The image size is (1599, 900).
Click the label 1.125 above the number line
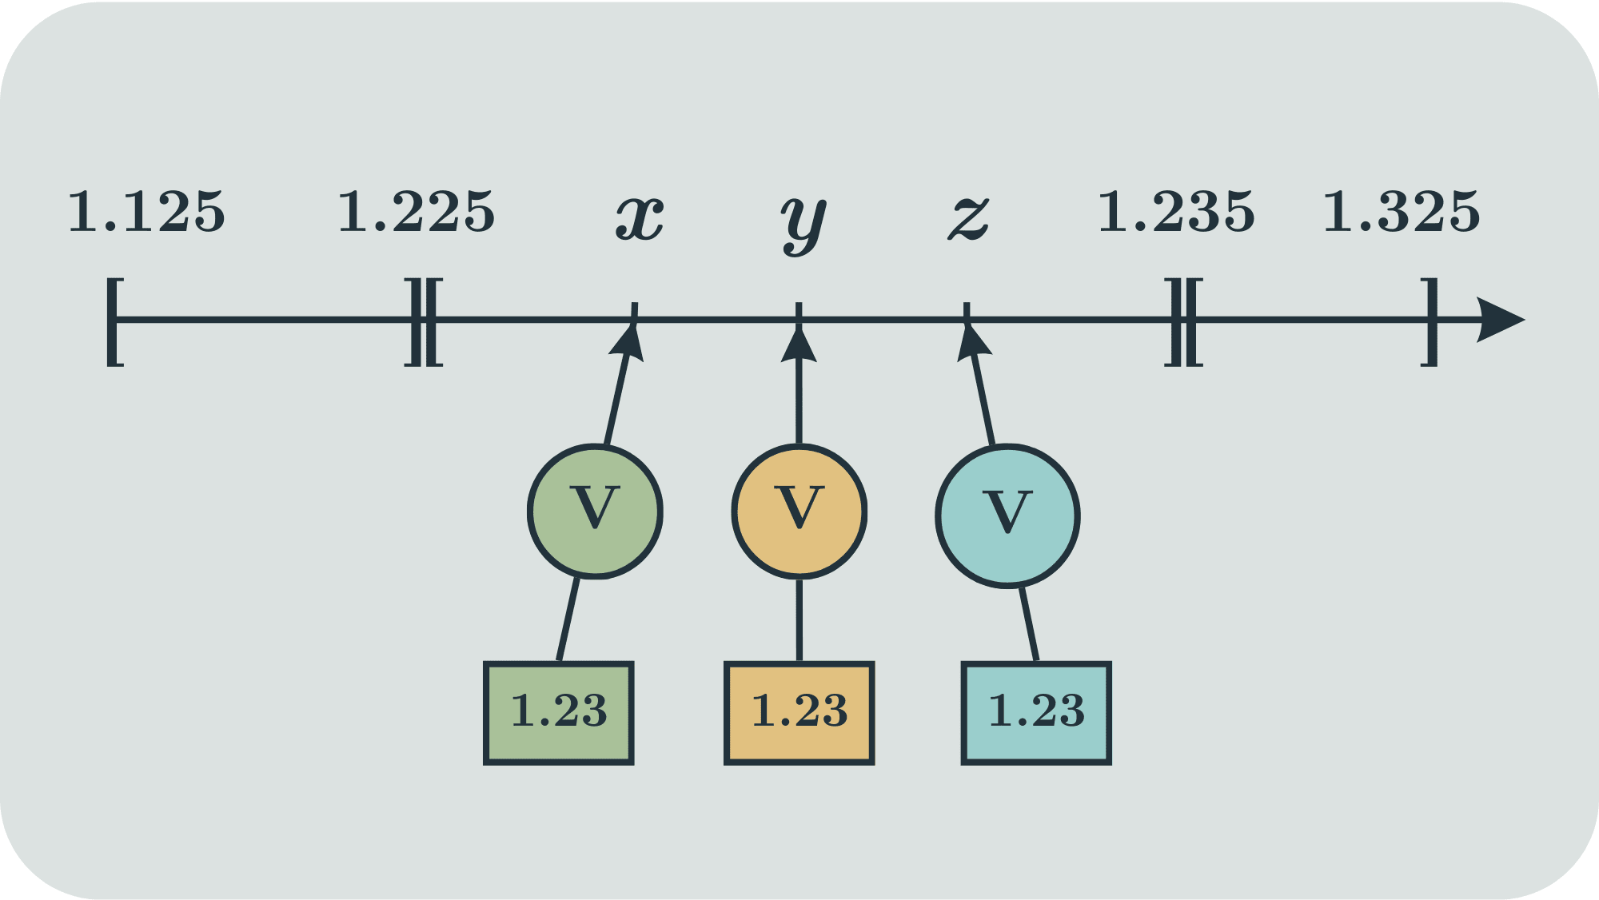coord(146,213)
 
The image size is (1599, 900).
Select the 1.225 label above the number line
coord(417,213)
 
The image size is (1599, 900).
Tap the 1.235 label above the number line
coord(1176,213)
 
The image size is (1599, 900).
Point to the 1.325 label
coord(1402,213)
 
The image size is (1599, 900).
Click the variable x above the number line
coord(640,217)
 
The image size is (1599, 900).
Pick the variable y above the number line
coord(803,222)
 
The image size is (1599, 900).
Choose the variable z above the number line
coord(969,217)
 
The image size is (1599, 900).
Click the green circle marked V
coord(595,511)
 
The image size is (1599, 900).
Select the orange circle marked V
coord(799,511)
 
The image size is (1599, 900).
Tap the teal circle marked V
coord(1007,516)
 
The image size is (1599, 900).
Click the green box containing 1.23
coord(559,712)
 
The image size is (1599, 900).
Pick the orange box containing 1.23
coord(799,712)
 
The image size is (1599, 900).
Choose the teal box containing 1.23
coord(1036,712)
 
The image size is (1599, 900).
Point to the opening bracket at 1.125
coord(114,321)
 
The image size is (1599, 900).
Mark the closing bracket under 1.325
coord(1430,321)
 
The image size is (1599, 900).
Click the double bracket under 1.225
coord(424,321)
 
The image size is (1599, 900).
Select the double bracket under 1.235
coord(1184,321)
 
